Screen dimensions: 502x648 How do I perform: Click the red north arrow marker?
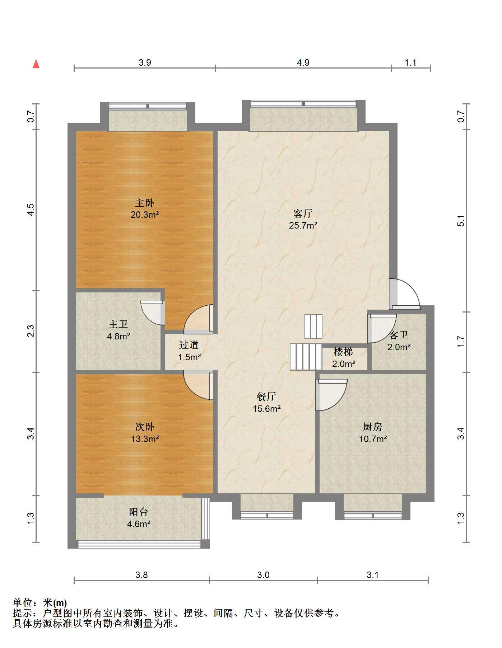point(36,64)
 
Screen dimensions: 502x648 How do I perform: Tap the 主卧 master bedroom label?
point(145,203)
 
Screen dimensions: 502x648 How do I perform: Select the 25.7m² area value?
point(303,225)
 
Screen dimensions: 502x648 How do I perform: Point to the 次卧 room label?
point(145,427)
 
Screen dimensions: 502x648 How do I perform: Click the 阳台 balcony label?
point(139,512)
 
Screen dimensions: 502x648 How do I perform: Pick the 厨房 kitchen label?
point(373,427)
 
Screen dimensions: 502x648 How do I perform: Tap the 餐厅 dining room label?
point(266,396)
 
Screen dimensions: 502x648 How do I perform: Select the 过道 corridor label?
point(189,345)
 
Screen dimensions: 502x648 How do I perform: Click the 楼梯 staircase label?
point(343,352)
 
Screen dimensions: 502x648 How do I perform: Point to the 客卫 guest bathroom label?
point(399,335)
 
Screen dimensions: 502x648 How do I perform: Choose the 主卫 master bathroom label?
point(118,324)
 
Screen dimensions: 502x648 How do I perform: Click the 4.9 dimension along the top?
point(303,63)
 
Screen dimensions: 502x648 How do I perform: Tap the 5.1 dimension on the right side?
point(461,221)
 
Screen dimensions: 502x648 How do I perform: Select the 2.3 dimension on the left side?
point(31,331)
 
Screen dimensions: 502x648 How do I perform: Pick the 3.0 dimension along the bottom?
point(263,575)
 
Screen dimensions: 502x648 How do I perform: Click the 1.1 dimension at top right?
point(410,63)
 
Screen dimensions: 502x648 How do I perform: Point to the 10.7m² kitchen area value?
point(373,439)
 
